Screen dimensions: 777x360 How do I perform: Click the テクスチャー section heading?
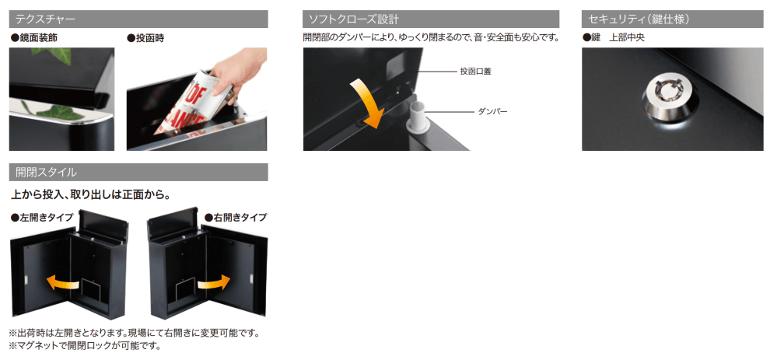click(x=138, y=19)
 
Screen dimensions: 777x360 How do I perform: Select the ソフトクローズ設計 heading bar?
click(x=431, y=19)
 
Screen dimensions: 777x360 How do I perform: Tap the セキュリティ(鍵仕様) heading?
click(x=673, y=19)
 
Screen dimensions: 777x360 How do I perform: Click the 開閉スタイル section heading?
click(x=138, y=173)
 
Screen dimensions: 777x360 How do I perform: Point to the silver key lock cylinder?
click(x=672, y=96)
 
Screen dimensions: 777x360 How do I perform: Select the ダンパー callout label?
click(x=492, y=111)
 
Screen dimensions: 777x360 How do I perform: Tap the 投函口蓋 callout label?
click(x=475, y=72)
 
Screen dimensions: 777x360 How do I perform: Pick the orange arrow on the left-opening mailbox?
click(x=62, y=283)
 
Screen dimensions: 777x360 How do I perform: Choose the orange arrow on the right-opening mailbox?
click(x=214, y=283)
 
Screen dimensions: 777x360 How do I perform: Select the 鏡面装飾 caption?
click(x=37, y=38)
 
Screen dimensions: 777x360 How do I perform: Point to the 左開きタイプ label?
click(x=43, y=217)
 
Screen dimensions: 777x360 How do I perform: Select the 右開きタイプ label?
click(x=236, y=217)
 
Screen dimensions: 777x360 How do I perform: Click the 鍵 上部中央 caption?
click(x=614, y=38)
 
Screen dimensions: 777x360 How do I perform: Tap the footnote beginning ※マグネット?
click(x=85, y=346)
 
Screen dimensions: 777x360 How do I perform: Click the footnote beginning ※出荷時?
click(x=135, y=333)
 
